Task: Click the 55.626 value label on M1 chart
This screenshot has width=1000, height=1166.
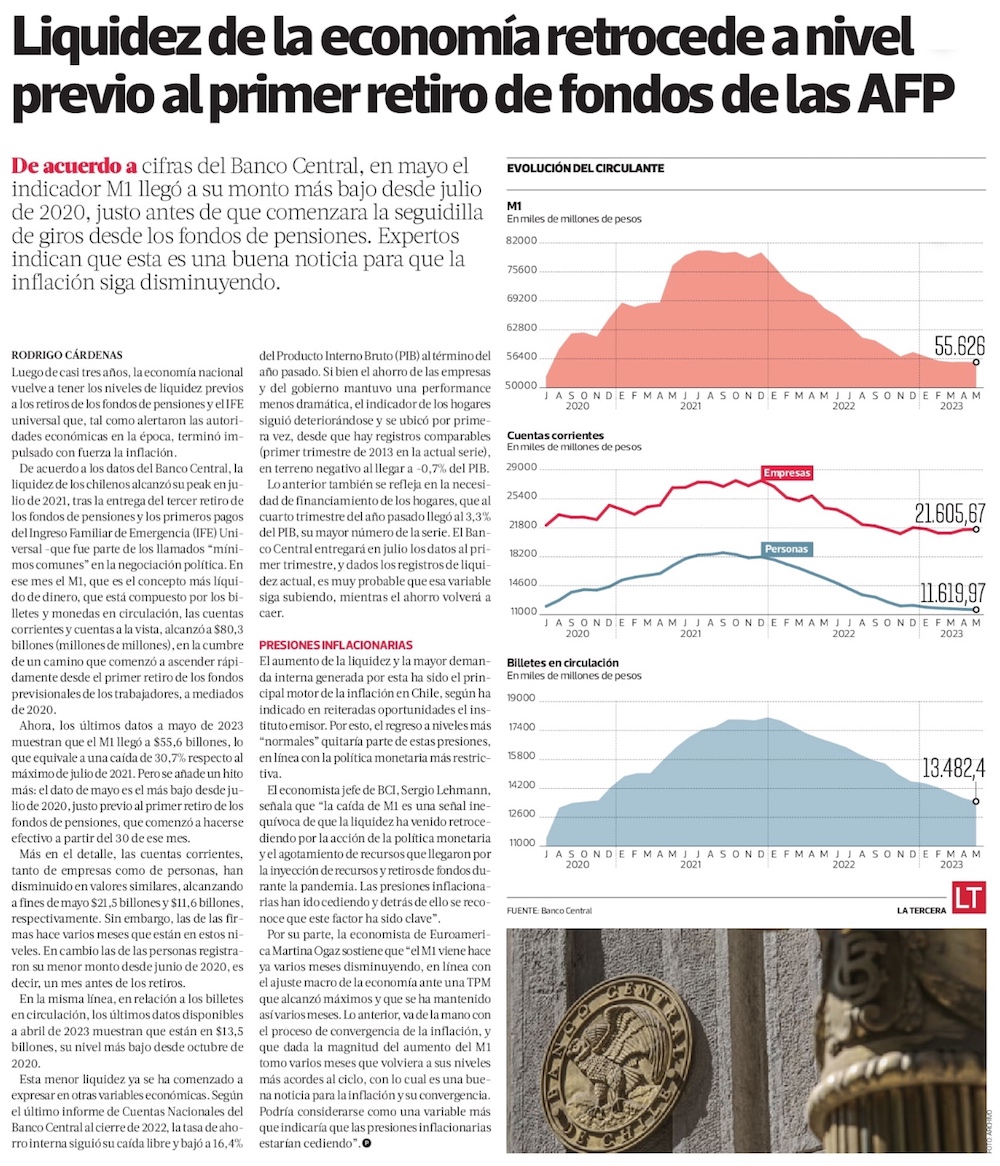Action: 959,346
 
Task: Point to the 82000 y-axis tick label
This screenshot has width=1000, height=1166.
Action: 522,241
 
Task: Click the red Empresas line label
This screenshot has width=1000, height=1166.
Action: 786,473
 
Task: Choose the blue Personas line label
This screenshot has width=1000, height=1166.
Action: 786,549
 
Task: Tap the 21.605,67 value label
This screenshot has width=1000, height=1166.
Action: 949,513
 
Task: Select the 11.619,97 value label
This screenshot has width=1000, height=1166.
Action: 949,591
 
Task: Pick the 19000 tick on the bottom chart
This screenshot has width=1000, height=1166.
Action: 523,699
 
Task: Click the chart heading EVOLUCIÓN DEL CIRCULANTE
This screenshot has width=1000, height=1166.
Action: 585,169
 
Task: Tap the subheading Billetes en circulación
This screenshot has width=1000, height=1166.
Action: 562,663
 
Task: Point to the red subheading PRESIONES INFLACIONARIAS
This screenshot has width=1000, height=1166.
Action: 335,645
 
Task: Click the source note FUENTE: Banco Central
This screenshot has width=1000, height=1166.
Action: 549,911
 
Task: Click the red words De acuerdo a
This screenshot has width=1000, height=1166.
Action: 76,166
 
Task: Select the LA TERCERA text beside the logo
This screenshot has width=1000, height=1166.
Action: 921,910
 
